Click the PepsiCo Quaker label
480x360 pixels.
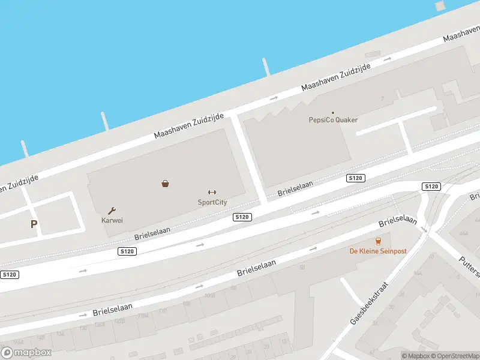333,120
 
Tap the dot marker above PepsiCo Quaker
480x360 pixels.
333,112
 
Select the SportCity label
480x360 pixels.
212,202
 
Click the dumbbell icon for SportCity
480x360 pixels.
212,192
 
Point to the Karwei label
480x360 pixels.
112,220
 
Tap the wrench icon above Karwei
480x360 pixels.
112,211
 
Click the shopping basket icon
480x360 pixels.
165,184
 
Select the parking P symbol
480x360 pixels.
34,224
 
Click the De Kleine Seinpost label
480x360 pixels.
378,251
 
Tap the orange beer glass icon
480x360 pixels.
378,241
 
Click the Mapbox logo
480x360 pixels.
26,353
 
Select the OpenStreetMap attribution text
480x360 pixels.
455,356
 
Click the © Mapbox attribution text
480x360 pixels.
415,356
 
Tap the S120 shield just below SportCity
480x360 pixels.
242,217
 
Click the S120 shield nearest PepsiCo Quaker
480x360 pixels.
356,178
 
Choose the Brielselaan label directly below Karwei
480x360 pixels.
152,233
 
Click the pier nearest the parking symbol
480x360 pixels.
25,148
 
